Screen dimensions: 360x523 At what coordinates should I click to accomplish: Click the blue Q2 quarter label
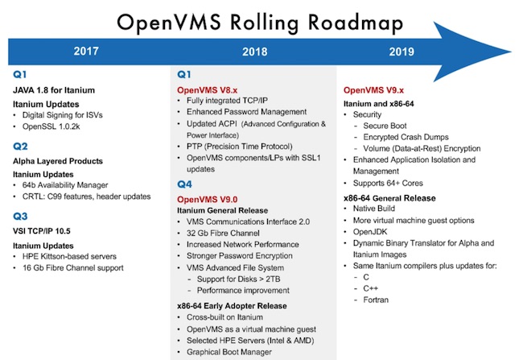20,147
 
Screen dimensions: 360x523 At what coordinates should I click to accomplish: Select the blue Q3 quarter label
20,216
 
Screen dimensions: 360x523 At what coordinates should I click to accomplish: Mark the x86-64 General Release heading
389,198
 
